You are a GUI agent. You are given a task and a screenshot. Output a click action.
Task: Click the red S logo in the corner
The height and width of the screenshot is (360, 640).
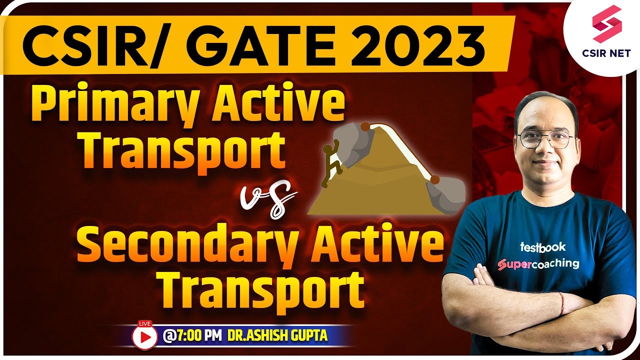coord(606,24)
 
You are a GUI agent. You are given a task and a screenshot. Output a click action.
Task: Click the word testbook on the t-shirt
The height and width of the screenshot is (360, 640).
coord(542,246)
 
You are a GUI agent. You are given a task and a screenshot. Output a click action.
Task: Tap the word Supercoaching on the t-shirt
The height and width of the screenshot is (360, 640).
coord(538,263)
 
